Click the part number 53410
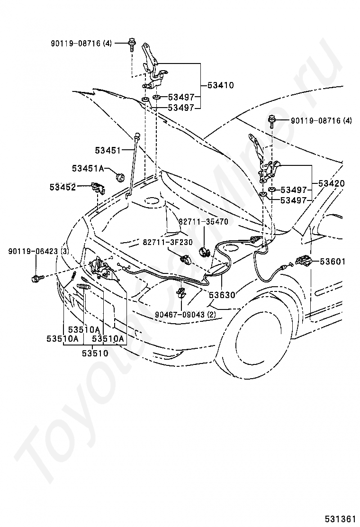point(221,86)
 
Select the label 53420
point(332,183)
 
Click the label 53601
point(333,261)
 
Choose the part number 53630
point(222,295)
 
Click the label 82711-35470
point(203,221)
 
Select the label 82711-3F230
point(168,242)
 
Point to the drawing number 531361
point(340,518)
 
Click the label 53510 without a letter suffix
point(95,353)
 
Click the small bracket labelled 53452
point(99,188)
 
